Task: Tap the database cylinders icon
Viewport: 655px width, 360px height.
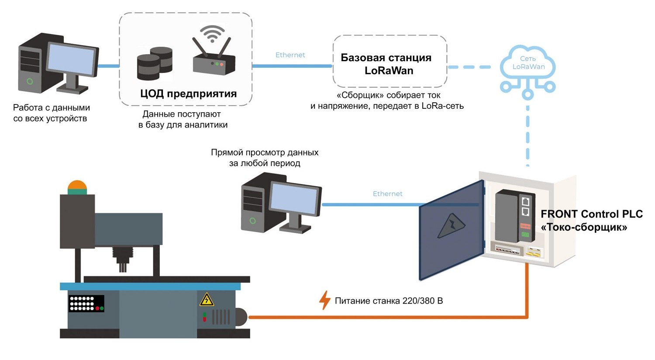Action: pyautogui.click(x=155, y=63)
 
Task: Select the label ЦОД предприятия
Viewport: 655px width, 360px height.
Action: pyautogui.click(x=188, y=93)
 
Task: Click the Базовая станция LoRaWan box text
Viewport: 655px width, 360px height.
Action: pyautogui.click(x=386, y=64)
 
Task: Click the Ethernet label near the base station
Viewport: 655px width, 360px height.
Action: pyautogui.click(x=290, y=55)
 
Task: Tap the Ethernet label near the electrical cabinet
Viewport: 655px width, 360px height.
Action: pyautogui.click(x=387, y=194)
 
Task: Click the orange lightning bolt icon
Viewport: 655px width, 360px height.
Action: pyautogui.click(x=324, y=300)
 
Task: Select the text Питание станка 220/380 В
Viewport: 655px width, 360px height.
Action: pyautogui.click(x=389, y=301)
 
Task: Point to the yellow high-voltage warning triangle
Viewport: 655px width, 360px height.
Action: pyautogui.click(x=207, y=299)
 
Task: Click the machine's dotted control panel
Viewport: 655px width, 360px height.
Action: pyautogui.click(x=86, y=303)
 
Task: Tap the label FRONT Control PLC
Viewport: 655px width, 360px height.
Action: pyautogui.click(x=592, y=214)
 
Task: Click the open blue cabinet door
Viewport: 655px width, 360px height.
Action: pyautogui.click(x=451, y=230)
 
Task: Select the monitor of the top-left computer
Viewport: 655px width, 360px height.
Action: pyautogui.click(x=72, y=60)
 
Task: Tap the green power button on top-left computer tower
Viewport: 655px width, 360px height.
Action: pyautogui.click(x=30, y=81)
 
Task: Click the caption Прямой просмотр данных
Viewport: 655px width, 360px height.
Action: pyautogui.click(x=265, y=152)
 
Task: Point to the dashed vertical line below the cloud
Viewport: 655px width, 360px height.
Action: pyautogui.click(x=528, y=136)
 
